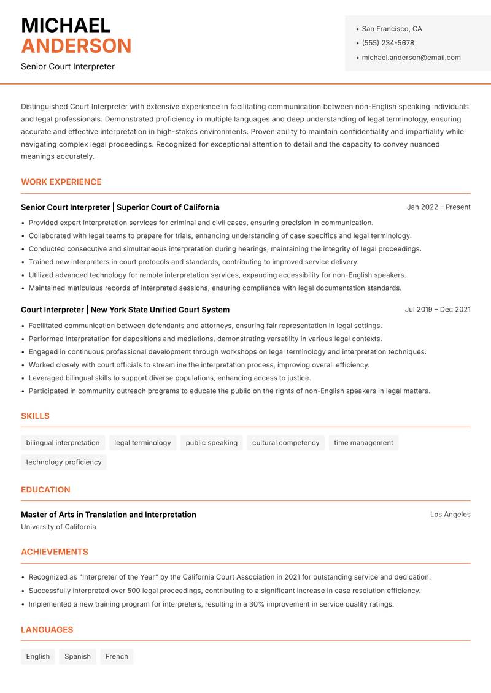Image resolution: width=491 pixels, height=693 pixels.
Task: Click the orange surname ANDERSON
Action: click(x=76, y=46)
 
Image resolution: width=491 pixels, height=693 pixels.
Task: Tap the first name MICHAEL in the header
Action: click(x=66, y=25)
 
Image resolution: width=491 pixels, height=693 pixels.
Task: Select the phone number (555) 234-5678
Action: click(x=388, y=43)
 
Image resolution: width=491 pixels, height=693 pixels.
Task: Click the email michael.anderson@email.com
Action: click(x=411, y=58)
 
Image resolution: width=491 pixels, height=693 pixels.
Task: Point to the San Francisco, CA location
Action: click(x=392, y=29)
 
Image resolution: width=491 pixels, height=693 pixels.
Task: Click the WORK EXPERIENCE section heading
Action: click(x=61, y=182)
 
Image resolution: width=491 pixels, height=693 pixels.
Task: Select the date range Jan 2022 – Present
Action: click(x=439, y=207)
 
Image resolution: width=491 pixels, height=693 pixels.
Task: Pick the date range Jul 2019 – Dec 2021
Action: click(x=438, y=310)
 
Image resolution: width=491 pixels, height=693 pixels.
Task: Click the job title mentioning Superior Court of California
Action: click(x=120, y=207)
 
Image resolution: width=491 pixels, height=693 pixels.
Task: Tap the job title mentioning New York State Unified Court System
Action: click(x=125, y=310)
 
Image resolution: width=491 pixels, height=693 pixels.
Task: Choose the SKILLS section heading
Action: click(x=35, y=416)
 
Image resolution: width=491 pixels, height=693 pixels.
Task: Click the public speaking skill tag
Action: click(x=211, y=443)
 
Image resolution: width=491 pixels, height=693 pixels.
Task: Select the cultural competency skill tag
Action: click(x=286, y=443)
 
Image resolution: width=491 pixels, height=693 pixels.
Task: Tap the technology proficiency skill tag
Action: click(x=64, y=462)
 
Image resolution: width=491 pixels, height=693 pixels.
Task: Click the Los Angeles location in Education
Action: click(x=450, y=515)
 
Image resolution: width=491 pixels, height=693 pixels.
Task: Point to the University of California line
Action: click(x=58, y=527)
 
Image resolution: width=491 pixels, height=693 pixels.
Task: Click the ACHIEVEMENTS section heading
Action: click(x=55, y=552)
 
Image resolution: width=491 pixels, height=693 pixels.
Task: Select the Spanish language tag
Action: click(x=77, y=657)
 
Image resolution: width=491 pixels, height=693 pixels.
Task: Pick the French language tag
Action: click(x=117, y=657)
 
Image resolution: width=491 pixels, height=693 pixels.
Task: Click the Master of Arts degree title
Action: click(x=109, y=515)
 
